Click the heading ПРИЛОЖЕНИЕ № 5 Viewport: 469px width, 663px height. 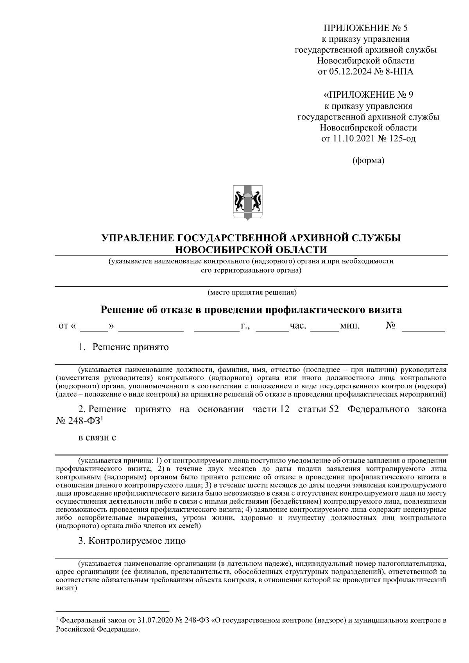tap(365, 28)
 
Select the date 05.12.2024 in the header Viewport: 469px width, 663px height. tap(348, 72)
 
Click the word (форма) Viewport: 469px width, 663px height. tap(368, 161)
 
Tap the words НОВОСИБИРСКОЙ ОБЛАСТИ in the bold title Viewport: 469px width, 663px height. tap(251, 249)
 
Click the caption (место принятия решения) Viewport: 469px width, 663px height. tap(252, 292)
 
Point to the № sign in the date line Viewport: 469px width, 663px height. tap(390, 325)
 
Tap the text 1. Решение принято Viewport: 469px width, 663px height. tap(124, 347)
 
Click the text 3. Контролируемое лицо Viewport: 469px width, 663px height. tap(132, 541)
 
